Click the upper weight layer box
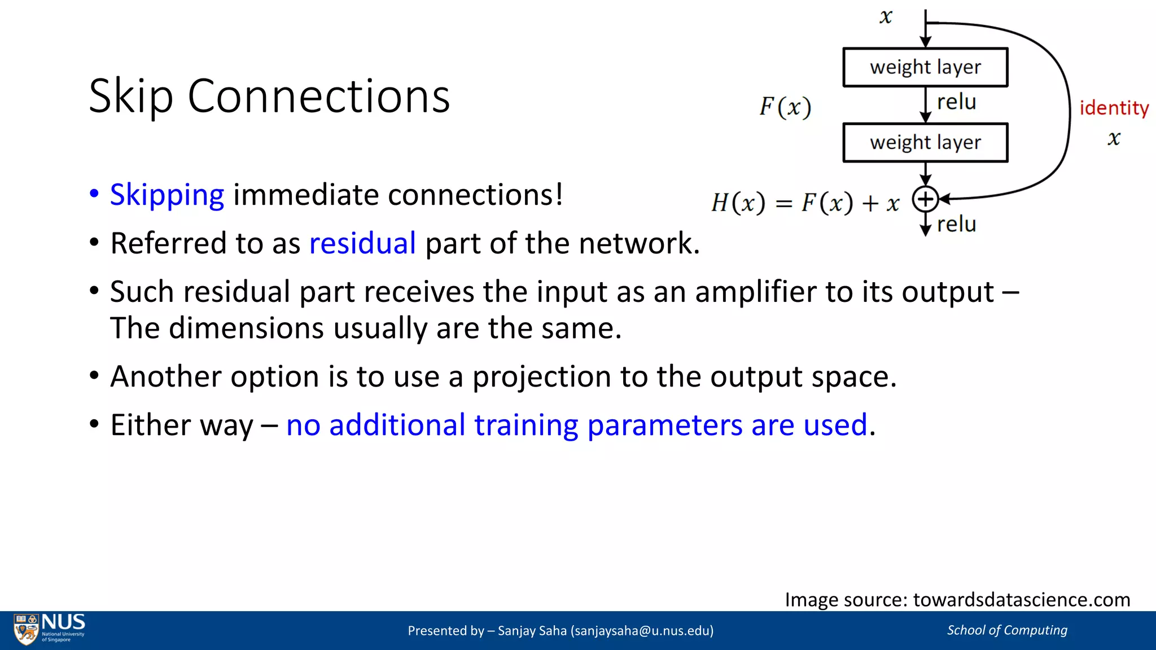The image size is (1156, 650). coord(925,67)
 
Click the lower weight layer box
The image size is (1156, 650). coord(925,142)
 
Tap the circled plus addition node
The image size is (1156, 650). coord(925,199)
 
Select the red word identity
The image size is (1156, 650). coord(1114,108)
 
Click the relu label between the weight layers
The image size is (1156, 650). coord(956,102)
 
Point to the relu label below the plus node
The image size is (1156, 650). coord(956,224)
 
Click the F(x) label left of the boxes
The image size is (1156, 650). coord(785,107)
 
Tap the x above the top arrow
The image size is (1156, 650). coord(886,17)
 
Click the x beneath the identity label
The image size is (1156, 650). coord(1114,138)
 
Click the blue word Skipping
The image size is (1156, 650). coord(167,195)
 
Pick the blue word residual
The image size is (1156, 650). coord(362,243)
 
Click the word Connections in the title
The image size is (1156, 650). coord(318,96)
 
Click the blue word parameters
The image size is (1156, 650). coord(664,425)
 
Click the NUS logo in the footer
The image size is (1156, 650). coord(50,629)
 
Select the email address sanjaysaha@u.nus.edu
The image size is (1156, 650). coord(642,630)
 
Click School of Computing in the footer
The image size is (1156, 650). coord(1007,630)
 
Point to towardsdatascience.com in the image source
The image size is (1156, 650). coord(1022,599)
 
